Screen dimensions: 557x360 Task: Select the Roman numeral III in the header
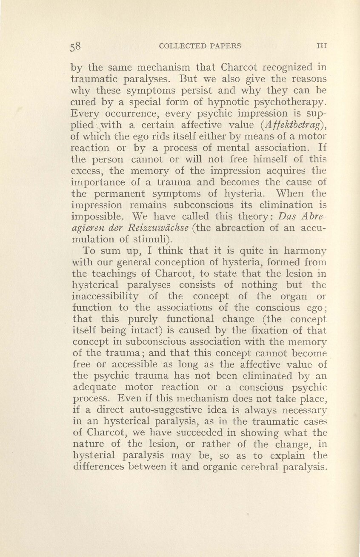pyautogui.click(x=321, y=46)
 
